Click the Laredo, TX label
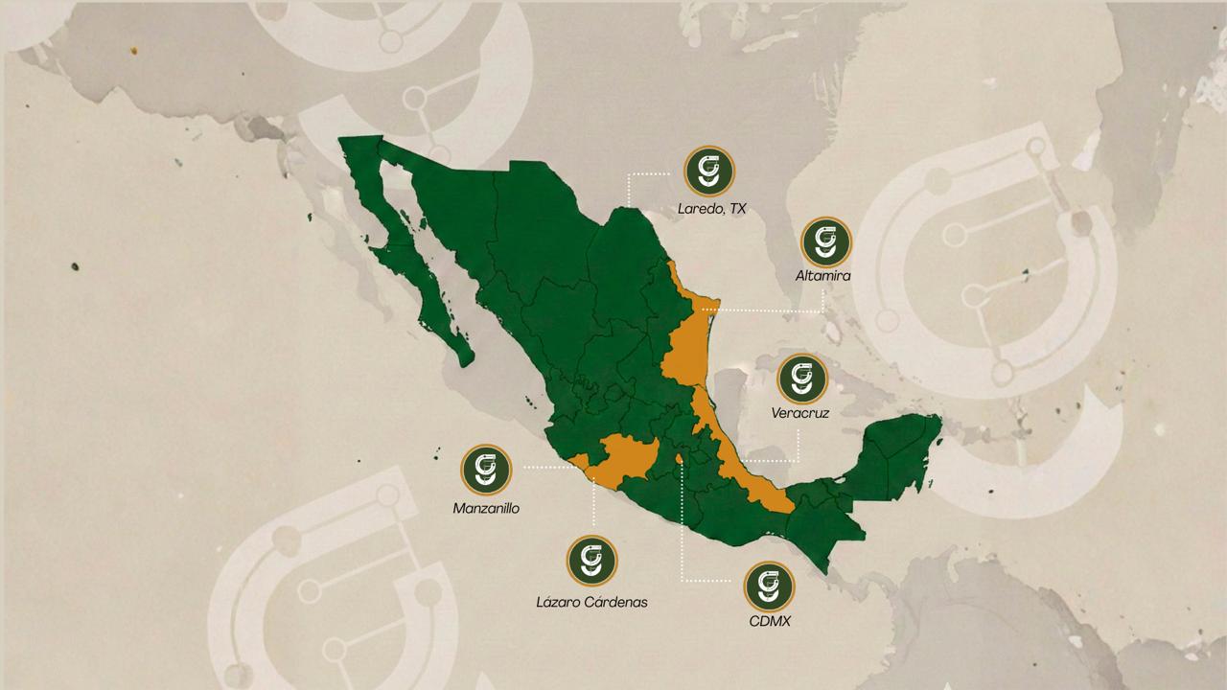pyautogui.click(x=711, y=208)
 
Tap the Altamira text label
pyautogui.click(x=823, y=276)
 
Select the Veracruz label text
pyautogui.click(x=799, y=414)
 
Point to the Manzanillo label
pyautogui.click(x=486, y=508)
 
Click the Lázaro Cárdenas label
pyautogui.click(x=591, y=603)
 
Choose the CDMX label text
pyautogui.click(x=770, y=621)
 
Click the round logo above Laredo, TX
pyautogui.click(x=709, y=172)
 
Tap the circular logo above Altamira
pyautogui.click(x=824, y=241)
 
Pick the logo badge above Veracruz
pyautogui.click(x=801, y=379)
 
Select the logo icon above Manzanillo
pyautogui.click(x=486, y=470)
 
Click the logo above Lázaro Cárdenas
pyautogui.click(x=591, y=561)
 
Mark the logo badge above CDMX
pyautogui.click(x=770, y=586)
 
